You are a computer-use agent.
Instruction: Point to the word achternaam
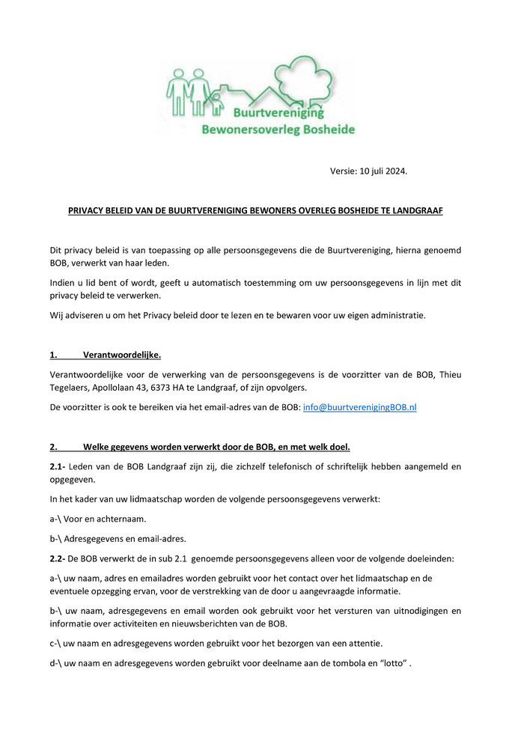pyautogui.click(x=124, y=518)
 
